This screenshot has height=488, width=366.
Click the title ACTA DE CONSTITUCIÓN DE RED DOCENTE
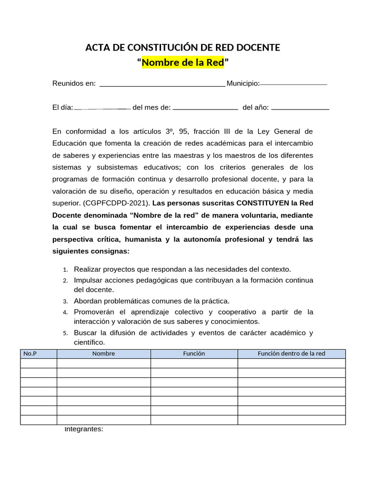click(183, 48)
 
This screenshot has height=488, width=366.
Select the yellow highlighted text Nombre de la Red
click(183, 62)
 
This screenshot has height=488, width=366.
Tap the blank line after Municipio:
click(294, 84)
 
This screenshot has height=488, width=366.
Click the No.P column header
click(30, 354)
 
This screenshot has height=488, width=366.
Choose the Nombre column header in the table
click(103, 354)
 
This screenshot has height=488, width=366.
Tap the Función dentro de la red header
click(291, 354)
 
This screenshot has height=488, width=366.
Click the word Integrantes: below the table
click(84, 429)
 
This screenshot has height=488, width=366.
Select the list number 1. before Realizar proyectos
click(65, 270)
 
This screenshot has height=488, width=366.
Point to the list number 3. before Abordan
click(65, 302)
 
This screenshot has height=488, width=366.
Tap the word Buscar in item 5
click(85, 333)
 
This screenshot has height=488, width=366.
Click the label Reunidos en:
click(74, 84)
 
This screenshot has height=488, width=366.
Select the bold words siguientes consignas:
click(91, 251)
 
